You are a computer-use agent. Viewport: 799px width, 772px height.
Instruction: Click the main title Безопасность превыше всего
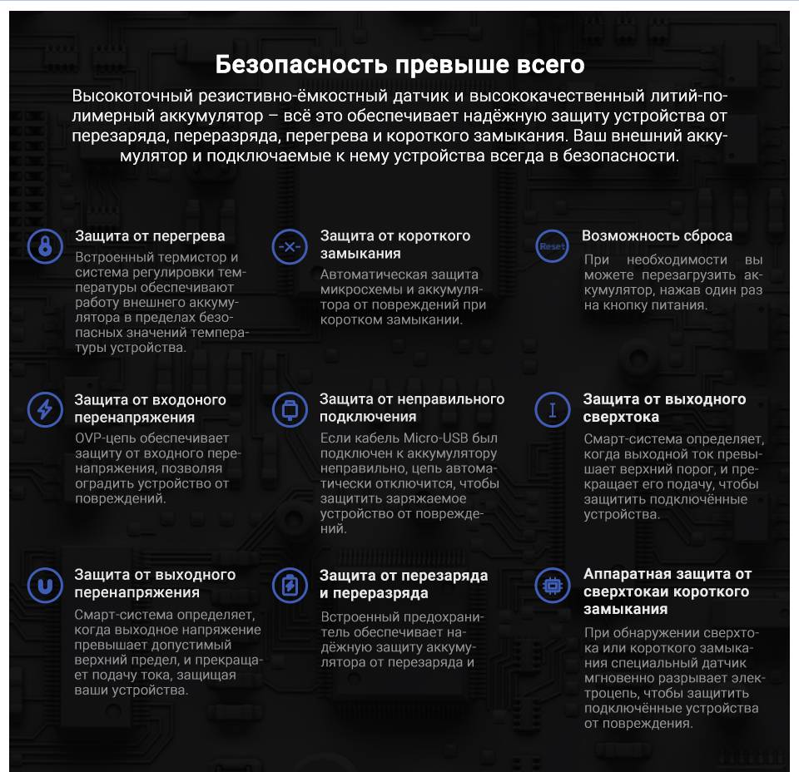pyautogui.click(x=399, y=64)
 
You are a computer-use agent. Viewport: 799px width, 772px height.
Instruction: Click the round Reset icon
pyautogui.click(x=551, y=246)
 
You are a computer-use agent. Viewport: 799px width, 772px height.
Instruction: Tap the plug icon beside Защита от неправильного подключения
pyautogui.click(x=289, y=409)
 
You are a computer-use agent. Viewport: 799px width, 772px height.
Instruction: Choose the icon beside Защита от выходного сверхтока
pyautogui.click(x=551, y=409)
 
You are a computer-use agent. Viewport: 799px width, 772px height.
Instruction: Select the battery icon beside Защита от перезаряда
pyautogui.click(x=289, y=585)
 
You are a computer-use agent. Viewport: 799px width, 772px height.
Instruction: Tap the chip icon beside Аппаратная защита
pyautogui.click(x=551, y=585)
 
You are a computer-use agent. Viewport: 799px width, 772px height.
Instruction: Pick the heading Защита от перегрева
pyautogui.click(x=150, y=236)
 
